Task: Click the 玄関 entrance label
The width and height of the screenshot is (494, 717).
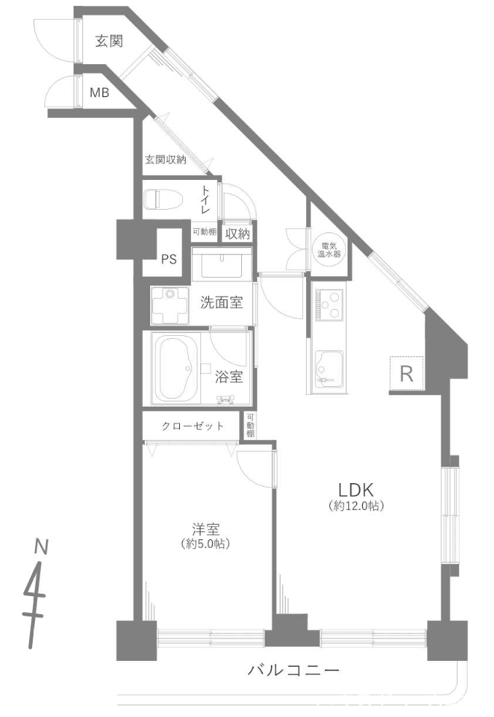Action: coord(109,41)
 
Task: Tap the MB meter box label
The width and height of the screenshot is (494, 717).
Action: coord(99,93)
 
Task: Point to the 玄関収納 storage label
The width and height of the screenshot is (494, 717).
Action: coord(165,160)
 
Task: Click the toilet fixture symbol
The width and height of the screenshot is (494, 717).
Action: coord(163,200)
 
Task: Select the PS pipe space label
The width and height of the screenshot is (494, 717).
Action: coord(169,259)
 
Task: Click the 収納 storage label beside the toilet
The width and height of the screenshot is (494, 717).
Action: coord(238,234)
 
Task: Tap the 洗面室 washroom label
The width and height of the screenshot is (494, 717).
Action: coord(221,302)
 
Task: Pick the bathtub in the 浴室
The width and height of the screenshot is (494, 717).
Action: coord(176,369)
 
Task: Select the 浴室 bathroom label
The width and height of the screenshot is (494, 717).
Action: coord(229,377)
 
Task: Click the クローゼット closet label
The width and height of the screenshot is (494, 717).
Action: coord(192,426)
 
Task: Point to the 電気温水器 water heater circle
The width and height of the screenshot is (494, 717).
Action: coord(329,250)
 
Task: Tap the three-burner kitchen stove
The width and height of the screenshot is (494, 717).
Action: coord(329,305)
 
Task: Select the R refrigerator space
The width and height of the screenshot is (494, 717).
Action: coord(407,374)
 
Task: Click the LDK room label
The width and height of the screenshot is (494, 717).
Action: coord(356,490)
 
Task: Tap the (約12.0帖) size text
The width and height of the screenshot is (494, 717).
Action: coord(356,506)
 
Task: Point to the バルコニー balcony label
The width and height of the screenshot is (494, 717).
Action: coord(294,671)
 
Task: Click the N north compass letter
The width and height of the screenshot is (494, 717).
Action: coord(42,546)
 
